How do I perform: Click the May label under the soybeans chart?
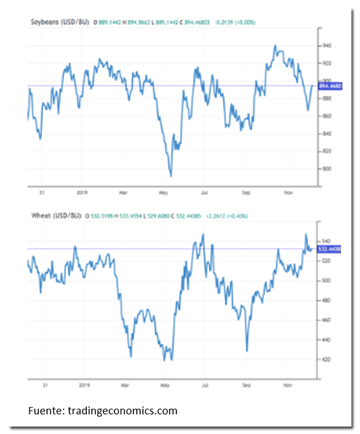click(163, 193)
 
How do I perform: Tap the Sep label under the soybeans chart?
click(247, 193)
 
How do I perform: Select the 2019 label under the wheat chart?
click(85, 385)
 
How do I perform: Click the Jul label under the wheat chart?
click(205, 385)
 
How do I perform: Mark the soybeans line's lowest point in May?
click(170, 176)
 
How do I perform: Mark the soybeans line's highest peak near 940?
click(275, 46)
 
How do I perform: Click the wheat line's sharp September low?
click(247, 351)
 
